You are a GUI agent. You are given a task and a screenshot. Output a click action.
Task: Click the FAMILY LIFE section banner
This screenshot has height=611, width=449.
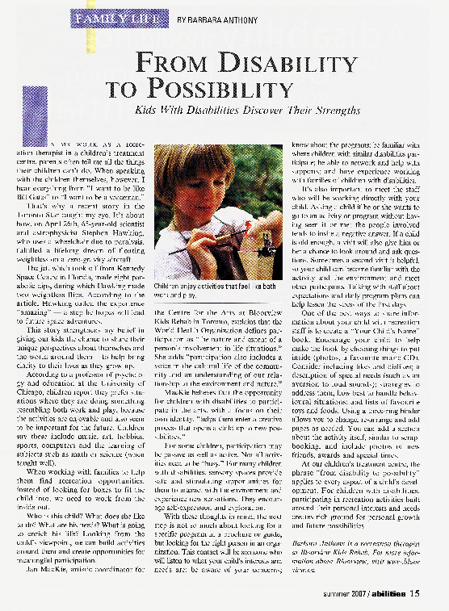121,15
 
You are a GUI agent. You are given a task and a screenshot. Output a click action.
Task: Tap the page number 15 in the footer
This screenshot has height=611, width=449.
414,596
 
